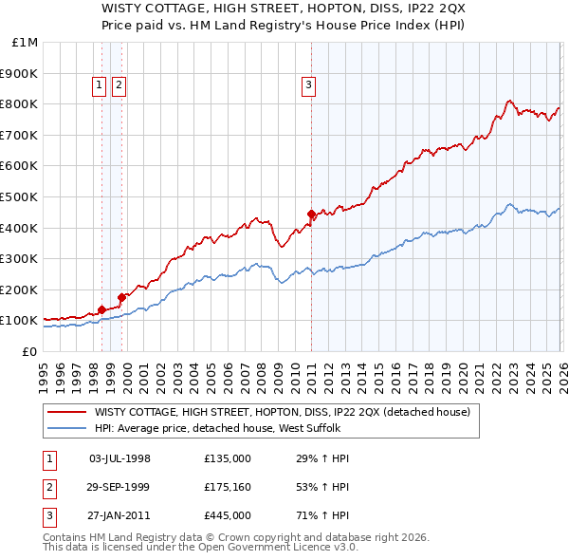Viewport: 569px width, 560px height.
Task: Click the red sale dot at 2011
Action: tap(312, 214)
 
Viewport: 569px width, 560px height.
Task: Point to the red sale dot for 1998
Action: tap(101, 309)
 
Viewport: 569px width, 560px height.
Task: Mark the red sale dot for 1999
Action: tap(122, 297)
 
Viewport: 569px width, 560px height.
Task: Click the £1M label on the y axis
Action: tap(26, 43)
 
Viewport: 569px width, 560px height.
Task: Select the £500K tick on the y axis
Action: tap(20, 197)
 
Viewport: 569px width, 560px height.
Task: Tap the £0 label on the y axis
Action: tap(29, 351)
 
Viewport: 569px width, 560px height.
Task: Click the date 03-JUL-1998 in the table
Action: tap(119, 458)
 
